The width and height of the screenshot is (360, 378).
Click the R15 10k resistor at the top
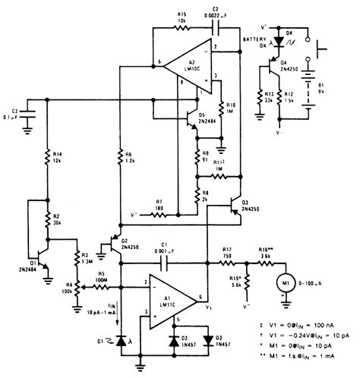[182, 26]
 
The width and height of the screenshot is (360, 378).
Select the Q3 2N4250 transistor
[234, 205]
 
